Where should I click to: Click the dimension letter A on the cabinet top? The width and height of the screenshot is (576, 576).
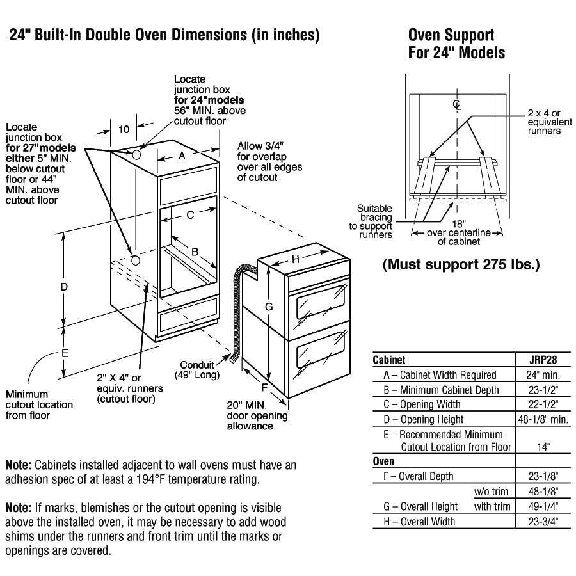[x=182, y=156]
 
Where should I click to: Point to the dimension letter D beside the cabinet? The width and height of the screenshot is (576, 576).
[x=64, y=287]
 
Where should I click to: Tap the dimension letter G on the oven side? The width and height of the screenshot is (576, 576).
[x=269, y=307]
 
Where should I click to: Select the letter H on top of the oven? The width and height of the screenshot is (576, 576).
[x=296, y=259]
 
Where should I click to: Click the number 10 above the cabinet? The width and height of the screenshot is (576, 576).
[x=124, y=129]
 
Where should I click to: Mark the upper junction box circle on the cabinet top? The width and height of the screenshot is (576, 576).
[x=136, y=154]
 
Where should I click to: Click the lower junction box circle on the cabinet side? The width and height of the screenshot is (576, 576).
[x=136, y=260]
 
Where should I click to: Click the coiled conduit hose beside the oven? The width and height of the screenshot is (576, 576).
[x=238, y=312]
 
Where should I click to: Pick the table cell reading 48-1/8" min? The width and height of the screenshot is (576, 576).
[x=543, y=419]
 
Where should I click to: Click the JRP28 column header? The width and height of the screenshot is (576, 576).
[x=543, y=360]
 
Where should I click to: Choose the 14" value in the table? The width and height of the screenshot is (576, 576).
[x=543, y=447]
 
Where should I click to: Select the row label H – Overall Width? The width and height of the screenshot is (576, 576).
[x=419, y=522]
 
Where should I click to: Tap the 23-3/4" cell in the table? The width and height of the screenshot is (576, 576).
[x=543, y=522]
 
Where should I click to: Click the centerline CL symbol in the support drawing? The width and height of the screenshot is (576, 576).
[x=456, y=105]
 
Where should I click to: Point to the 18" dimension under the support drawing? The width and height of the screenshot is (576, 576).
[x=459, y=224]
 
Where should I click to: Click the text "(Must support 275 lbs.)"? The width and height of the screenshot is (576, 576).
[x=461, y=264]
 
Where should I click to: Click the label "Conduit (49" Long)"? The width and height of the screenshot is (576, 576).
[x=197, y=370]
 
